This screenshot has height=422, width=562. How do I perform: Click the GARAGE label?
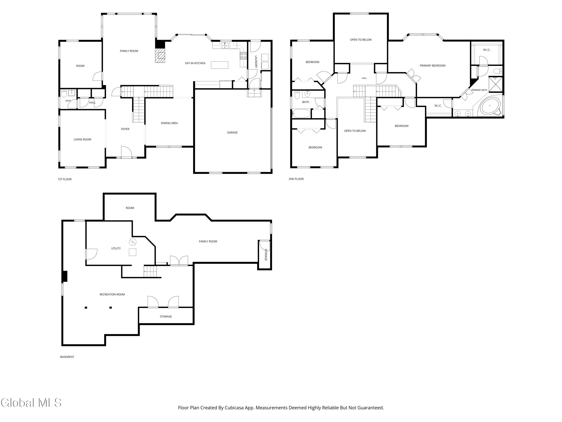point(232,133)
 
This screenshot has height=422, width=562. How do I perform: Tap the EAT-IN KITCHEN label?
point(195,63)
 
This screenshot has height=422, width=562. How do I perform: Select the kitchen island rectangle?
point(220,65)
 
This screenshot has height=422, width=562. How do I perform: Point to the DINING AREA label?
point(169,123)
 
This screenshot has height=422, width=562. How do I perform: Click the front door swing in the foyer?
point(126,152)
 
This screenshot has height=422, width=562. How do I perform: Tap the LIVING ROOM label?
point(82,139)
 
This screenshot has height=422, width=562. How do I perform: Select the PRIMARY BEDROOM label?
point(432,66)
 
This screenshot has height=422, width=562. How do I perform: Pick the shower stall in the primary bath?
point(495,84)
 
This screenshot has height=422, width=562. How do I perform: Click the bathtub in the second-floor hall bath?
point(301,113)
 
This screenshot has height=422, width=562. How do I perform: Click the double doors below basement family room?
point(179,261)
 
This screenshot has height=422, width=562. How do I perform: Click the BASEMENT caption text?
point(67,357)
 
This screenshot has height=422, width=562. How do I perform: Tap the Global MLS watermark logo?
point(31,403)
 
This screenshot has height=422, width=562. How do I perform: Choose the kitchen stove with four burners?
point(243,56)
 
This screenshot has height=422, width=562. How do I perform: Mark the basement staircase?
point(150,271)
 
